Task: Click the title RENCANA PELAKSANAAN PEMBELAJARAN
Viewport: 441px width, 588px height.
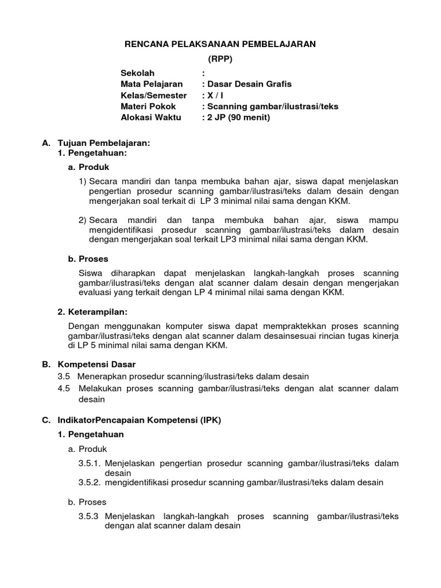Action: point(220,44)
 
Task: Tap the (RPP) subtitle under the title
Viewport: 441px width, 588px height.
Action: point(220,59)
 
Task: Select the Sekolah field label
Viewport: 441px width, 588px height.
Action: point(138,73)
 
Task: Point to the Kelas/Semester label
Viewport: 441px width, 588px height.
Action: point(153,95)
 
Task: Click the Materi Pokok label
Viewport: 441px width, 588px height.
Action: point(148,106)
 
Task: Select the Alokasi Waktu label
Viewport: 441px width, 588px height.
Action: point(150,117)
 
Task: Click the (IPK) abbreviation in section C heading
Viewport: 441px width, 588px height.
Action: point(210,420)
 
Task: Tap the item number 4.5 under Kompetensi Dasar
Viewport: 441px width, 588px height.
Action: point(64,389)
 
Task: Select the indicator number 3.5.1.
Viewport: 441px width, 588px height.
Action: point(90,463)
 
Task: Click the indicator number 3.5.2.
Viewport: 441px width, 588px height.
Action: point(90,482)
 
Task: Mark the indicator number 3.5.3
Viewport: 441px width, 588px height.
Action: point(88,516)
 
